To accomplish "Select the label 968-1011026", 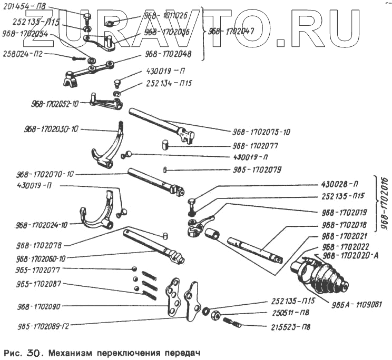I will (165, 15).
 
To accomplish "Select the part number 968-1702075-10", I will (261, 132).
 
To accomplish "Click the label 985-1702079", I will (257, 169).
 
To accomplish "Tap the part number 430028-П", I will (340, 184).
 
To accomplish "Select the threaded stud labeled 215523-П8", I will (232, 322).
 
